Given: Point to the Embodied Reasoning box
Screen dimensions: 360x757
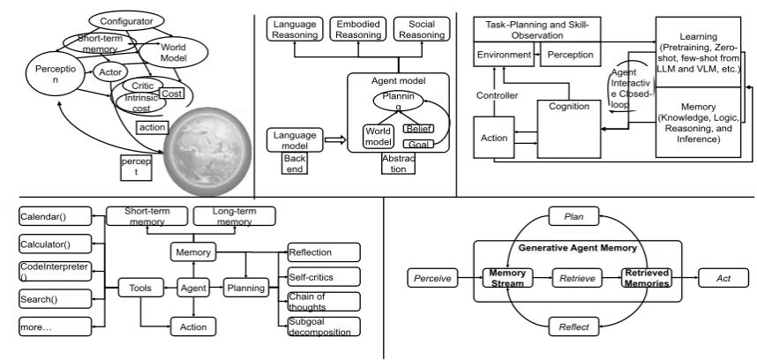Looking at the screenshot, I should (356, 28).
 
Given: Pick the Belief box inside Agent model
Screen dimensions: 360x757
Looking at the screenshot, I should (417, 129).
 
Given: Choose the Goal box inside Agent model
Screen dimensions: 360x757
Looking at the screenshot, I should (417, 143).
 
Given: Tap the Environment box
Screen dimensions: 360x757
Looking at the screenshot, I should (505, 55).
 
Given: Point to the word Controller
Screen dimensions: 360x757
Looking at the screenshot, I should (497, 94).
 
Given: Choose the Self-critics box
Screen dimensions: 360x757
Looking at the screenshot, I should (324, 276).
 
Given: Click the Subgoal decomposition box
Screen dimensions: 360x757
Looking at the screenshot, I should (324, 326).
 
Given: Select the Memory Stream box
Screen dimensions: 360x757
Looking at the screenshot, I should (507, 280).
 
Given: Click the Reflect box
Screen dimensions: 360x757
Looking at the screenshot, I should (573, 327).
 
